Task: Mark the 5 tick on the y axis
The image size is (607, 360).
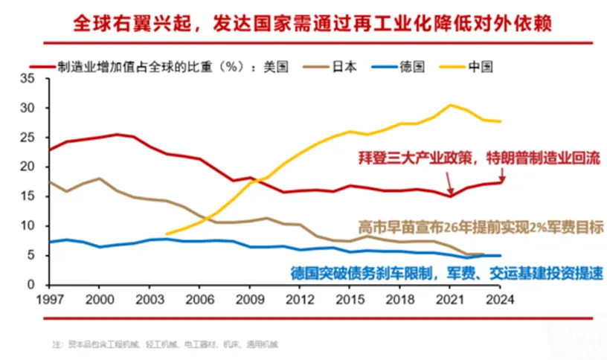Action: pos(32,256)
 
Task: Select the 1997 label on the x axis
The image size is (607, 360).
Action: pos(49,299)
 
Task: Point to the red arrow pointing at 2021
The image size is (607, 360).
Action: pos(450,182)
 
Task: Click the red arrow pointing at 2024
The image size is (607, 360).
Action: pos(504,175)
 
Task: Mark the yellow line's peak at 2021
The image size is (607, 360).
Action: pos(451,105)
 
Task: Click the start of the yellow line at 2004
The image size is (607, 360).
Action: pos(165,234)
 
